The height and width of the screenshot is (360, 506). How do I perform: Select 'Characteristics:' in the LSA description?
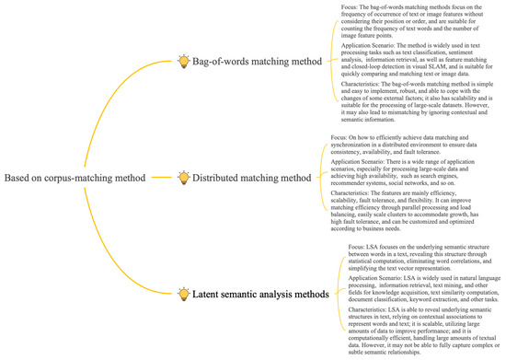click(361, 310)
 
